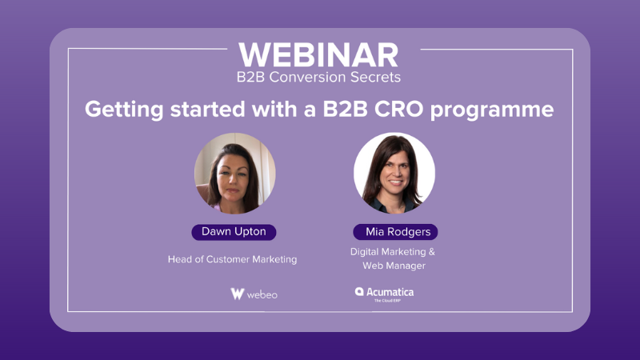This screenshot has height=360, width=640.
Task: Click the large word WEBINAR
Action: click(x=318, y=55)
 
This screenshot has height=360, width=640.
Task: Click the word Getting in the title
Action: click(x=124, y=110)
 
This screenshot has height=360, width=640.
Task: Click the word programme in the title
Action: click(x=492, y=110)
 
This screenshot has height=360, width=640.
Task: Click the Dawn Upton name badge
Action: click(x=234, y=232)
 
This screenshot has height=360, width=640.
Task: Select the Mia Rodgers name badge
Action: click(x=395, y=232)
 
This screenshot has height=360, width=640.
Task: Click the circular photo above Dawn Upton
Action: click(x=234, y=173)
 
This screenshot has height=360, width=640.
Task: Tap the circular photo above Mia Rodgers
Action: click(x=394, y=173)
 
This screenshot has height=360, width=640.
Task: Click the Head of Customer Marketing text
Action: click(x=232, y=259)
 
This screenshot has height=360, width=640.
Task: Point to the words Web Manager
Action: click(x=394, y=266)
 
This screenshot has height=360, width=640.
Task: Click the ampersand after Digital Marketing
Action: click(x=431, y=251)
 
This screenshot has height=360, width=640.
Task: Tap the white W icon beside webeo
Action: click(x=237, y=294)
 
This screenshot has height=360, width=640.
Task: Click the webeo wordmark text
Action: click(x=262, y=294)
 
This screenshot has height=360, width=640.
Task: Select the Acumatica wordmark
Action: click(x=390, y=292)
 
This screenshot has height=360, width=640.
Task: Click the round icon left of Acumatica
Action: click(x=359, y=291)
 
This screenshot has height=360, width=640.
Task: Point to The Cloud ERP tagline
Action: click(x=387, y=301)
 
